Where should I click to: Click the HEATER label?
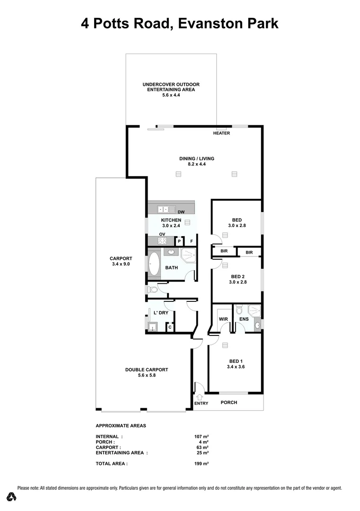tap(221, 133)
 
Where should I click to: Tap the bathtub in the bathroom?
tap(155, 264)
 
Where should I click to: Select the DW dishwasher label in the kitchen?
tap(181, 212)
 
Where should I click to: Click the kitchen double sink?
tap(164, 209)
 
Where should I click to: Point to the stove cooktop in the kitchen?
tap(162, 241)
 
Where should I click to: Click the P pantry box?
tap(179, 241)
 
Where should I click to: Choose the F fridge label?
tap(192, 241)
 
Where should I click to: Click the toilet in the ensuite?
tap(239, 310)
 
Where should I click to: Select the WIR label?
tap(223, 319)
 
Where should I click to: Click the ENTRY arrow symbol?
tap(200, 396)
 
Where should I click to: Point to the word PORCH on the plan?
tap(229, 403)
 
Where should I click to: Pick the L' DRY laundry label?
tap(161, 313)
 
